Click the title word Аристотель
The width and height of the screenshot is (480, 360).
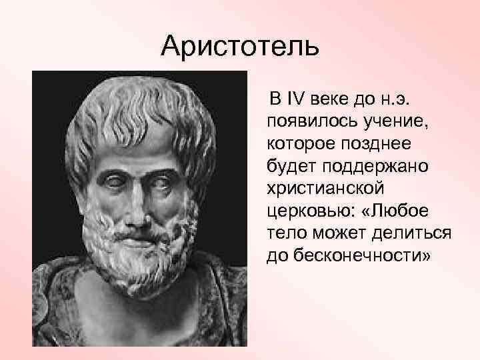pos(241,47)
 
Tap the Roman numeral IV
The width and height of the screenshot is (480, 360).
pos(294,101)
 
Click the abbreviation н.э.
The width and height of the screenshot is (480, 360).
pos(398,101)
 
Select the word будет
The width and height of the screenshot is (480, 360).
pos(289,166)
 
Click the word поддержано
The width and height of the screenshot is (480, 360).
pos(376,166)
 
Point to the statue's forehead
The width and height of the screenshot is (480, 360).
pos(137,150)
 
